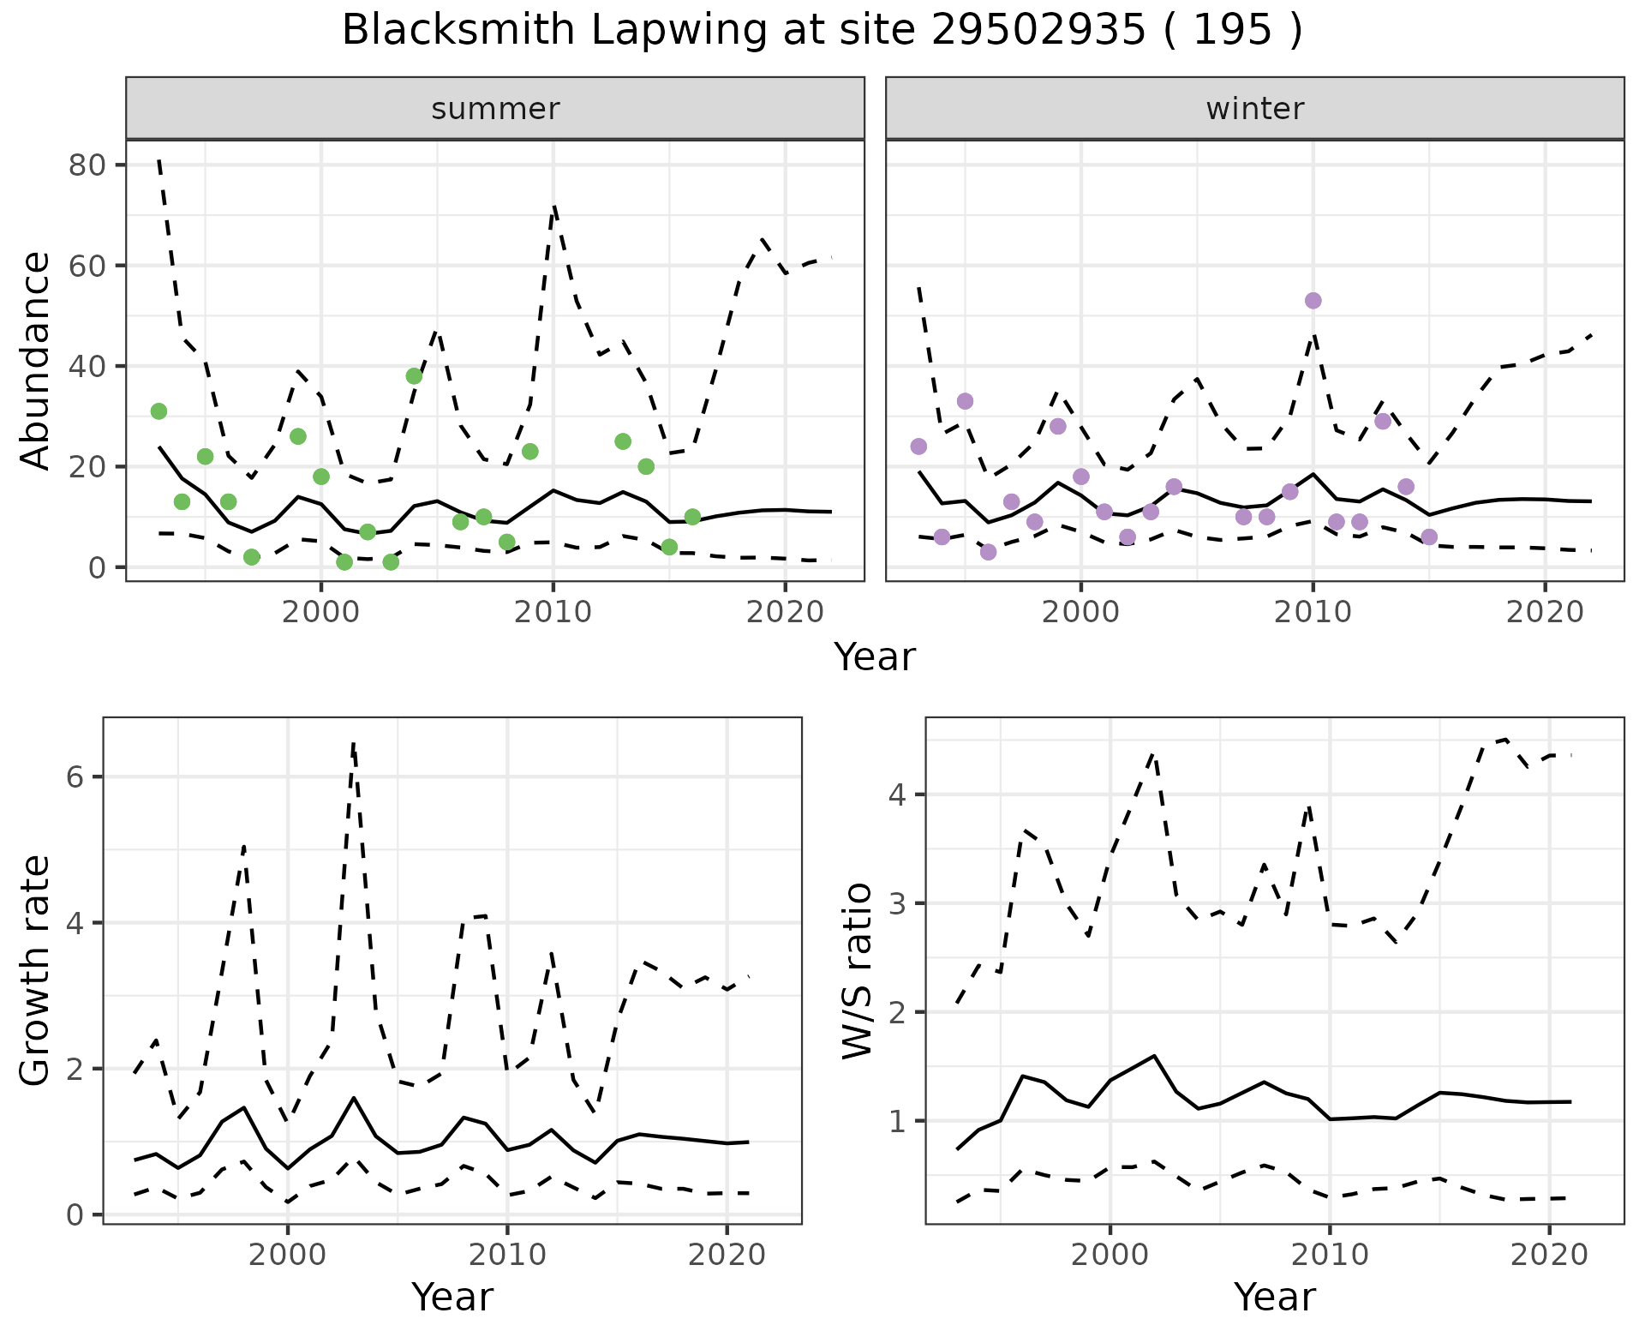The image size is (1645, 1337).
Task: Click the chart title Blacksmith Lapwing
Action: (x=821, y=31)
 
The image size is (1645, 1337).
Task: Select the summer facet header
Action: (x=495, y=109)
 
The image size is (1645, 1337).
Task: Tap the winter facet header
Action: (x=1254, y=109)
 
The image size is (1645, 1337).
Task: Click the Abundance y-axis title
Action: (x=36, y=361)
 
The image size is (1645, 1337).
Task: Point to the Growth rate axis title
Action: (x=36, y=971)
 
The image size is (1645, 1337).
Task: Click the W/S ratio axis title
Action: (x=858, y=971)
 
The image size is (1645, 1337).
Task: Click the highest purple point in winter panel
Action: (x=1313, y=301)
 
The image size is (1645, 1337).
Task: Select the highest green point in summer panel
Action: (x=414, y=376)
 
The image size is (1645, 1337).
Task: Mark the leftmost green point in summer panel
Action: (x=159, y=411)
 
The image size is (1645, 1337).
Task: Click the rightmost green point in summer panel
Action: (x=692, y=517)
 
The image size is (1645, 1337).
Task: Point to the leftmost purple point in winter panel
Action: (x=918, y=447)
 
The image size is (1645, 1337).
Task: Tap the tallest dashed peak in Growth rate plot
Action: (x=353, y=744)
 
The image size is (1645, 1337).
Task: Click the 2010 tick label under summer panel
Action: (x=553, y=612)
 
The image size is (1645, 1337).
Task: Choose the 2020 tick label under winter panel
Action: (x=1545, y=612)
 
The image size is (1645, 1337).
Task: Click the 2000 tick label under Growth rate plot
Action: (x=288, y=1256)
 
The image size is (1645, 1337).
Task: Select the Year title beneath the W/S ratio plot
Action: (x=1274, y=1298)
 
